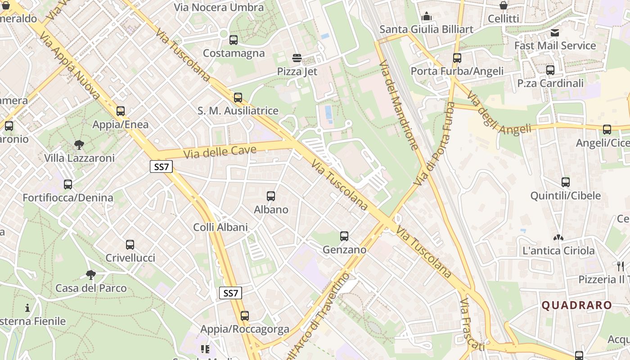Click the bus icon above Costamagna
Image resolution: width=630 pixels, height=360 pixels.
[x=234, y=40]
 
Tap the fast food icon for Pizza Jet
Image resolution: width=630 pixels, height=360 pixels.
[x=297, y=58]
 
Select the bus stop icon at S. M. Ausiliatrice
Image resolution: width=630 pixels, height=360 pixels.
[x=238, y=98]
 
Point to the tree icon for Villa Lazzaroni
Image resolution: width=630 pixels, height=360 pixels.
[x=79, y=145]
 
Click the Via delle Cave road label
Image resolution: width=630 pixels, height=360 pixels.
[x=220, y=152]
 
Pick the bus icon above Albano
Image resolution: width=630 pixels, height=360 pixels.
[x=271, y=196]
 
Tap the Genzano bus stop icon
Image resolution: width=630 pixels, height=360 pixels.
[x=344, y=236]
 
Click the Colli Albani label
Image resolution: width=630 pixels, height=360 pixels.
[x=220, y=227]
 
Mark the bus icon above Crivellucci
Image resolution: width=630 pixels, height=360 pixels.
[x=130, y=245]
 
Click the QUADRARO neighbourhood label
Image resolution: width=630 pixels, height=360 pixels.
[x=576, y=305]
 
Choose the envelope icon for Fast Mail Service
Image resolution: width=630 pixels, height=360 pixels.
[x=555, y=33]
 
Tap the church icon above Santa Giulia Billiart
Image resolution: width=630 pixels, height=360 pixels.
[x=427, y=17]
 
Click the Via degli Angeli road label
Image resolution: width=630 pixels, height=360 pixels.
[x=499, y=113]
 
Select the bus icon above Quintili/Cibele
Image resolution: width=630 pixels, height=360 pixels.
[x=566, y=182]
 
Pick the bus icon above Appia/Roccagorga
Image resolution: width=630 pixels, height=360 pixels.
[x=245, y=316]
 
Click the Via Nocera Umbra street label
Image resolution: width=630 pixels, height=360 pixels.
[x=219, y=8]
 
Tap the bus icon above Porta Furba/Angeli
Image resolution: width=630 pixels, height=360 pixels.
[x=457, y=58]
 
